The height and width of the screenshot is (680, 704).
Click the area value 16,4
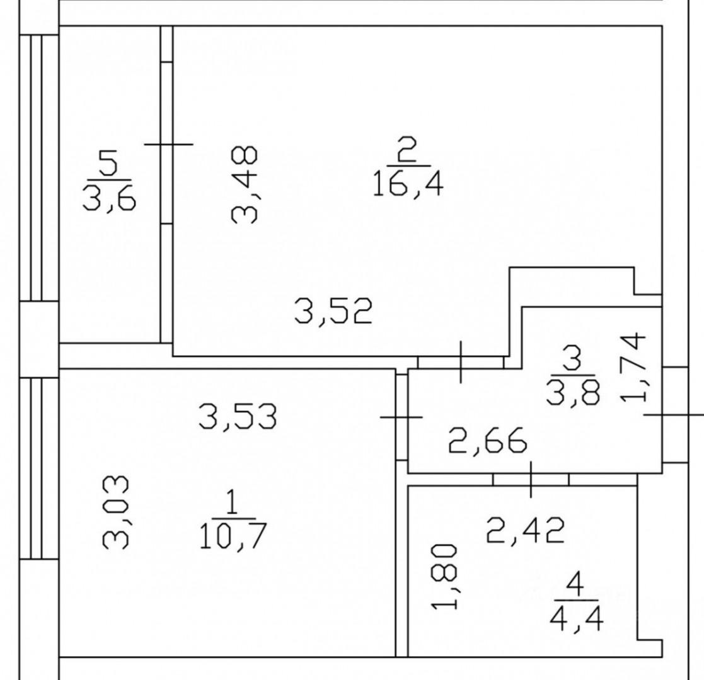(x=408, y=184)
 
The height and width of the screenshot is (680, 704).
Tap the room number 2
(x=407, y=150)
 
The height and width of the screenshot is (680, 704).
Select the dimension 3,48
(x=244, y=184)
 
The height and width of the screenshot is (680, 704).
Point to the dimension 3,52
(x=333, y=311)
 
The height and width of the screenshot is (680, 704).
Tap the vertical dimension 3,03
(x=116, y=513)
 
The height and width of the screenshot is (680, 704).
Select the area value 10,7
(x=233, y=536)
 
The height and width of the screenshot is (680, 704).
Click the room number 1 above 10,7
(x=233, y=503)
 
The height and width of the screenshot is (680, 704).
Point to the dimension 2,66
(x=488, y=441)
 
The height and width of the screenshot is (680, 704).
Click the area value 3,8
(x=573, y=392)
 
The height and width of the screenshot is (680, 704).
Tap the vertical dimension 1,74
(x=633, y=367)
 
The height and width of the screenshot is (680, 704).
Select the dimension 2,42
(x=525, y=531)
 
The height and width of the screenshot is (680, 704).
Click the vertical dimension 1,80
(x=445, y=577)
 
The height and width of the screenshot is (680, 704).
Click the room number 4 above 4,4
(x=575, y=585)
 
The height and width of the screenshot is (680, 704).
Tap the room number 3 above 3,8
(x=573, y=358)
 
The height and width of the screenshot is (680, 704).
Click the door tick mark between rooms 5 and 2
(x=168, y=144)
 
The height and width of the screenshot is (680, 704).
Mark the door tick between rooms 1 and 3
(x=401, y=417)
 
